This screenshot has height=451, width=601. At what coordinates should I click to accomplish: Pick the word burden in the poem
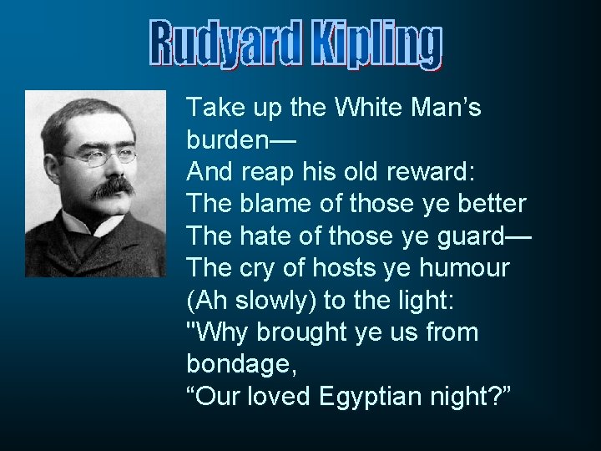click(x=234, y=139)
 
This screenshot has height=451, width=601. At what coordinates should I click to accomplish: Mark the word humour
click(x=478, y=268)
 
